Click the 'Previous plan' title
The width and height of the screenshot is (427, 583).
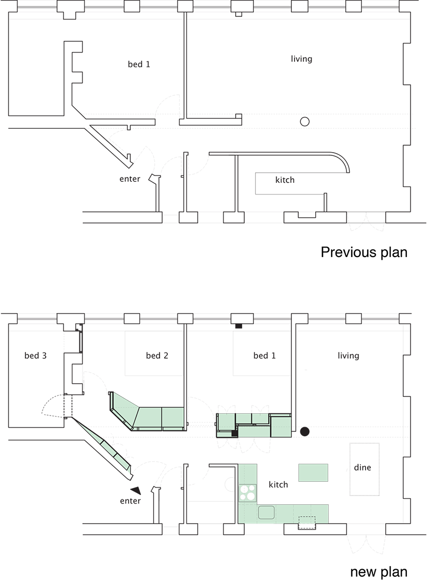pos(364,252)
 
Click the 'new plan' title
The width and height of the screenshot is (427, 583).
pos(379,571)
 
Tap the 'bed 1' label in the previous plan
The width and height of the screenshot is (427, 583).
pos(139,64)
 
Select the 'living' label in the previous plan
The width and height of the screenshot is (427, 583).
pos(301,59)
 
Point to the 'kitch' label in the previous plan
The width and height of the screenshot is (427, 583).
pos(284,180)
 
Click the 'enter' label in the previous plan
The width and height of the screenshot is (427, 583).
pos(130,179)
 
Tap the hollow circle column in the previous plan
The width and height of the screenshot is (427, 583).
pos(305,121)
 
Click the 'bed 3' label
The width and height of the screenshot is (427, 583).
pos(35,356)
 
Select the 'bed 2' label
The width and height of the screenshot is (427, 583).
pos(157,356)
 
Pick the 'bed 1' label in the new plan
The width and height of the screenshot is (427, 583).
pos(264,356)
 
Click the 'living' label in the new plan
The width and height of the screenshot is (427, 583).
pos(348,356)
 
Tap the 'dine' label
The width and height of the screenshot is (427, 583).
pos(362,467)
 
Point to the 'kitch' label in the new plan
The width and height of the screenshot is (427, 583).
pos(278,484)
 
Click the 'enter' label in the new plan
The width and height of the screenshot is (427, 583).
pos(130,501)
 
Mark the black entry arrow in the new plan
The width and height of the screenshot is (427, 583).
pos(136,490)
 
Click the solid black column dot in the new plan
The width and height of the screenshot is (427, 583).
pos(305,431)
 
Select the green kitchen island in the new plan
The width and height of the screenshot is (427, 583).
pos(313,473)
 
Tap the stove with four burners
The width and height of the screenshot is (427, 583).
pos(248,493)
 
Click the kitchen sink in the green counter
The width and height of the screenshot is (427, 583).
pos(266,513)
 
